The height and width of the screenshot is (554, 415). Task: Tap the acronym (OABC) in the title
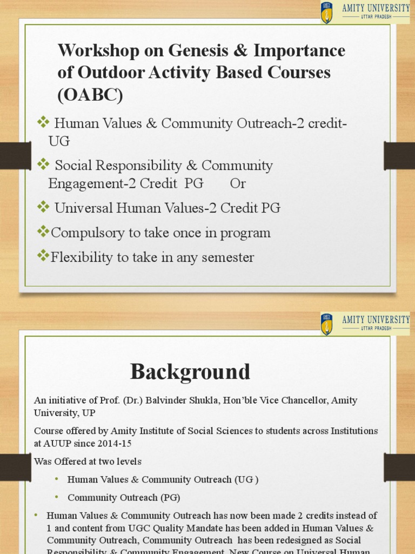click(90, 95)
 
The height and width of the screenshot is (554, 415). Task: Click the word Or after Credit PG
click(238, 183)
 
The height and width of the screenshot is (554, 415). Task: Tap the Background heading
click(190, 372)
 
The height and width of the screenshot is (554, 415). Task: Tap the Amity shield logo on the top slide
click(326, 12)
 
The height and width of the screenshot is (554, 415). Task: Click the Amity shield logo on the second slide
click(326, 324)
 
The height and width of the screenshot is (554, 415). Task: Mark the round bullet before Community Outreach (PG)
click(57, 497)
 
